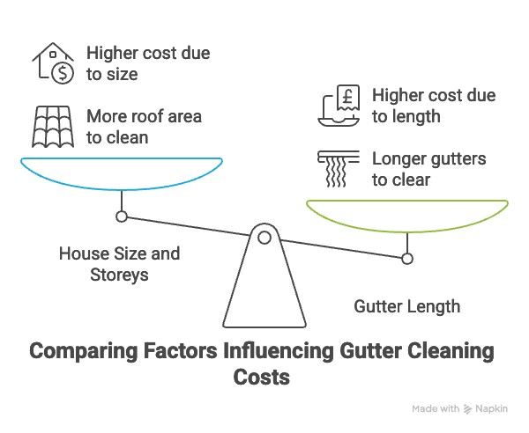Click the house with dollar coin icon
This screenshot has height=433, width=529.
(53, 63)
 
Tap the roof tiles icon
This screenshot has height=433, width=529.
(53, 127)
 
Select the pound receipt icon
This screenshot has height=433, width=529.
(339, 106)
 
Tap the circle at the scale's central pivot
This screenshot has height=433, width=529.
(264, 238)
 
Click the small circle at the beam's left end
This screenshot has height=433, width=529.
(122, 216)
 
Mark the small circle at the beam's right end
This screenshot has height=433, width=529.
(407, 259)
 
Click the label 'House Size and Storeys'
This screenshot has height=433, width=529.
(119, 264)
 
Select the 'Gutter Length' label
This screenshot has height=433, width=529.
(407, 307)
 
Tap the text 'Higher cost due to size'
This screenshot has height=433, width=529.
(148, 63)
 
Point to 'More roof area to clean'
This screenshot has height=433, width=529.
(144, 127)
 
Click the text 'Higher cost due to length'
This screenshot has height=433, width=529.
(434, 106)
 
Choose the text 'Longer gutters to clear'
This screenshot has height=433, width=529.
(428, 169)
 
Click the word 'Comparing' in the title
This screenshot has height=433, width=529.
(84, 351)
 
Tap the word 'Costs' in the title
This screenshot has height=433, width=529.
(262, 377)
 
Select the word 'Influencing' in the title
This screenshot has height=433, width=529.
(279, 350)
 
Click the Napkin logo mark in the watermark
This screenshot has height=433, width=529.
(467, 408)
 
